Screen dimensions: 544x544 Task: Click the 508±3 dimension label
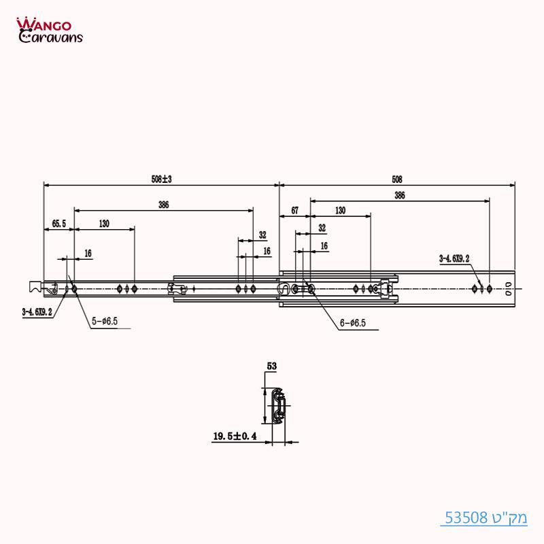pos(161,180)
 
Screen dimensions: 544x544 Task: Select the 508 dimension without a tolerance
pos(397,180)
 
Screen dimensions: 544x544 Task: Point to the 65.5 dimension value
pos(59,224)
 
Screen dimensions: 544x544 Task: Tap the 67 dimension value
pos(294,211)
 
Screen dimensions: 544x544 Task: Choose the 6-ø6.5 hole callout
pos(352,323)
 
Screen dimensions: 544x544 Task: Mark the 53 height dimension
pos(271,366)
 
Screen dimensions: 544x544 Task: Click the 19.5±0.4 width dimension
pos(235,437)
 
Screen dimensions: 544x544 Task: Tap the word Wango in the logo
pos(48,24)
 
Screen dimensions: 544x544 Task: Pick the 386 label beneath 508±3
pos(163,204)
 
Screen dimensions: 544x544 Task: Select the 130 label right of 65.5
pos(104,224)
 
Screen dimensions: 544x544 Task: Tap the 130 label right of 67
pos(340,211)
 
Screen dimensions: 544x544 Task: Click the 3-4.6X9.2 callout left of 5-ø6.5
pos(37,312)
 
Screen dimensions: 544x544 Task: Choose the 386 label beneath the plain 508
pos(399,195)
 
